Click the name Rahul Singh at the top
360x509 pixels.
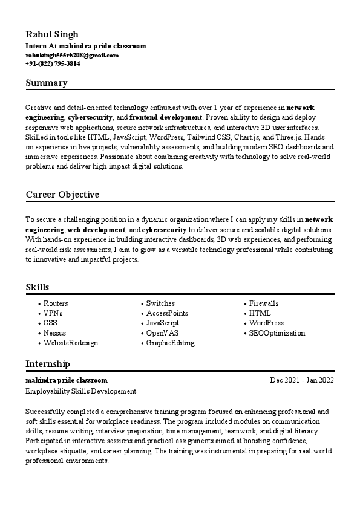click(52, 34)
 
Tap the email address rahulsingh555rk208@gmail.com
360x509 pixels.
click(72, 55)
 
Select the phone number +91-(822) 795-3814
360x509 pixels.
click(53, 63)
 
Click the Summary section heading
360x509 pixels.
click(47, 83)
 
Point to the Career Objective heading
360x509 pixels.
click(62, 195)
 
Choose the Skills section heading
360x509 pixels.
click(38, 287)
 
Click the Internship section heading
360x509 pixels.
click(48, 363)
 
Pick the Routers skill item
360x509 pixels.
click(56, 303)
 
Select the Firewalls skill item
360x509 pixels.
click(264, 303)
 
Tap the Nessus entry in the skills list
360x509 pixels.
click(54, 333)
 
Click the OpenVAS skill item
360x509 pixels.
click(162, 333)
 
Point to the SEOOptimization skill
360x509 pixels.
click(277, 333)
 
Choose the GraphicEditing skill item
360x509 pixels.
click(170, 343)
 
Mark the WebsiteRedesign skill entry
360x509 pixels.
click(71, 343)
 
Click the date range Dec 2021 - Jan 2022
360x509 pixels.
click(301, 380)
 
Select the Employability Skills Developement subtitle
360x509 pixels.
click(81, 391)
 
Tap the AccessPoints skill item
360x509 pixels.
click(167, 313)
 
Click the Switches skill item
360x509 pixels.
click(160, 303)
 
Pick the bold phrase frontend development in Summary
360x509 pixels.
click(165, 117)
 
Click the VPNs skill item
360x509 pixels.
click(53, 313)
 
